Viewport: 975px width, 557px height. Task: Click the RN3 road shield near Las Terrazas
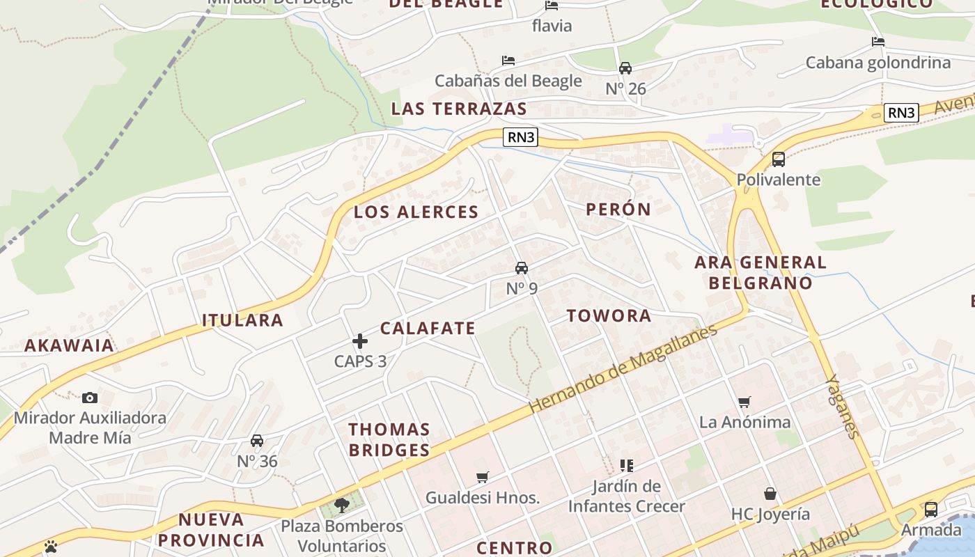521,137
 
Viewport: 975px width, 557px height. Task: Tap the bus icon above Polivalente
779,159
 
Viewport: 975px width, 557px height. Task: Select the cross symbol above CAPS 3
360,341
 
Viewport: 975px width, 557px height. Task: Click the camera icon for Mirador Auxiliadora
90,398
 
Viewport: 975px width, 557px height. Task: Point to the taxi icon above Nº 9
521,268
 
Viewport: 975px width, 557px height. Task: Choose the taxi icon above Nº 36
257,441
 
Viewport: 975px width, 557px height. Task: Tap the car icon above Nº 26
625,68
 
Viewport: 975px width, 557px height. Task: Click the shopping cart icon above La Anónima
744,402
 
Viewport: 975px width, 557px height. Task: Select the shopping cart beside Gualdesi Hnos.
483,477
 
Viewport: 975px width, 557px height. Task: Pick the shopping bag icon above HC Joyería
770,494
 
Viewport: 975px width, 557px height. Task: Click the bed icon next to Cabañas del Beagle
508,61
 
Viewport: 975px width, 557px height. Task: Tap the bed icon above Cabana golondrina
877,42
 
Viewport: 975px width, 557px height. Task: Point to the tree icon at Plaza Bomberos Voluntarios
341,505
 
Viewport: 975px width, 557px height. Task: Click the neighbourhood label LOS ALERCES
416,212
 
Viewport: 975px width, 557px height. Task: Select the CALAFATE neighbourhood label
428,328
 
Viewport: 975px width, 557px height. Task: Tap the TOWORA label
609,315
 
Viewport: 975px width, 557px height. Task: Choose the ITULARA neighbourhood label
242,320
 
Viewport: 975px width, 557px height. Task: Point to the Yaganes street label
842,407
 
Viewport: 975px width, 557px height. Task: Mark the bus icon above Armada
930,509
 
